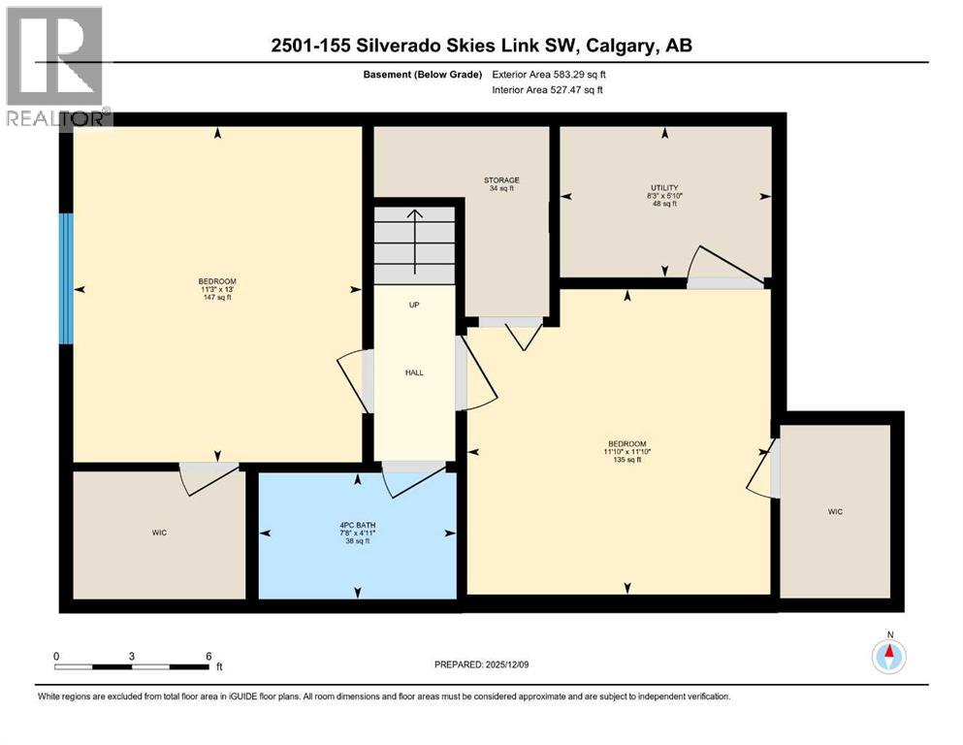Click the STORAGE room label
coord(501,179)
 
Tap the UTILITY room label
coord(664,187)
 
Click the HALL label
coord(414,372)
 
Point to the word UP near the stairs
coord(413,305)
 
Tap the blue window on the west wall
coord(65,278)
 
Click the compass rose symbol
coord(887,657)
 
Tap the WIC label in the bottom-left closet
coord(159,533)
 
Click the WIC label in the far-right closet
coord(835,510)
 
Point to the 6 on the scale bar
coord(208,656)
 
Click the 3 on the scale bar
coord(131,656)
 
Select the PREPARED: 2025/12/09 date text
coord(482,664)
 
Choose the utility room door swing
coord(716,264)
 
